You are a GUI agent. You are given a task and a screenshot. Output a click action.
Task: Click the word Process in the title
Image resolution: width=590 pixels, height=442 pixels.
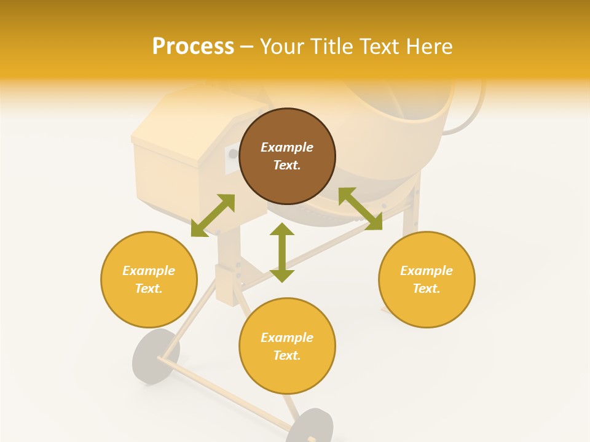[x=193, y=46]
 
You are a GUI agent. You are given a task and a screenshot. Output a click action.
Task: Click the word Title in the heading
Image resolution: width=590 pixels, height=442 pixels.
[x=332, y=46]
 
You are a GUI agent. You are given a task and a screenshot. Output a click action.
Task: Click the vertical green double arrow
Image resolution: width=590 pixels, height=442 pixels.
[x=282, y=252]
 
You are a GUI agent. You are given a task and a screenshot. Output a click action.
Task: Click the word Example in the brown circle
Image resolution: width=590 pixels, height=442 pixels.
[x=287, y=147]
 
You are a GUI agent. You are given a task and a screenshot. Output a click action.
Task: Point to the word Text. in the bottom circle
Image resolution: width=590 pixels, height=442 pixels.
[x=287, y=355]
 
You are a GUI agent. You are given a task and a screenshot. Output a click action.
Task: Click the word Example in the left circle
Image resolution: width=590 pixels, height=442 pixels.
[x=149, y=271]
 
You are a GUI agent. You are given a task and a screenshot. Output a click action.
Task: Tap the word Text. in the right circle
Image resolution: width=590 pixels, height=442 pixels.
[x=427, y=289]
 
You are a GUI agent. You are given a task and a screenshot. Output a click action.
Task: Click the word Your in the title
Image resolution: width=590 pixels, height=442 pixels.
[x=283, y=46]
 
